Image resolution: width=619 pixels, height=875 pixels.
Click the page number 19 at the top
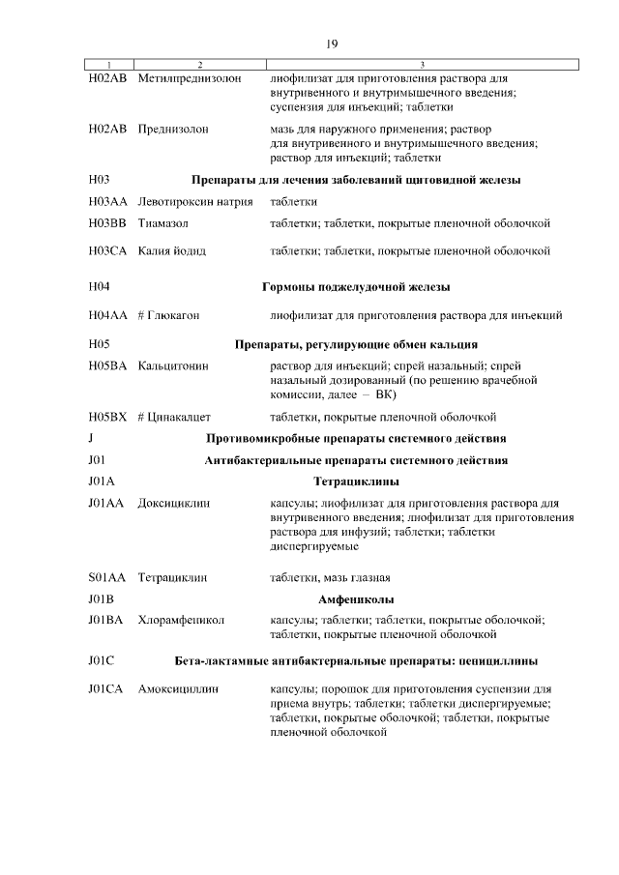tap(331, 44)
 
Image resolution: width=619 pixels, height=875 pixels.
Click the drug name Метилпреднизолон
tap(190, 77)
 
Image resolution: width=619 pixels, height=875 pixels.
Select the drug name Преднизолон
tap(173, 129)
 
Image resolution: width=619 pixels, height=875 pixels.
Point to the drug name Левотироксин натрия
tap(195, 202)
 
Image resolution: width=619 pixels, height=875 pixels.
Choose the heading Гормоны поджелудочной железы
tap(356, 287)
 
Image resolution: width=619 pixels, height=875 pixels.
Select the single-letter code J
tap(90, 439)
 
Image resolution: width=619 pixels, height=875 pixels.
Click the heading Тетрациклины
tap(357, 481)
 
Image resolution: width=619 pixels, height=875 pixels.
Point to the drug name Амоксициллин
tap(179, 690)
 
